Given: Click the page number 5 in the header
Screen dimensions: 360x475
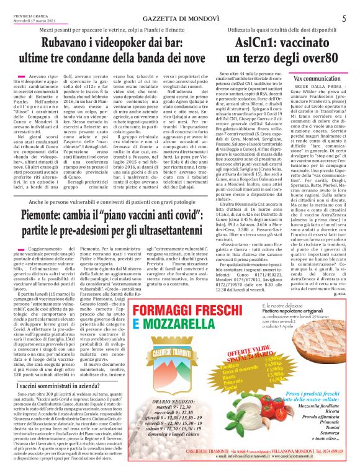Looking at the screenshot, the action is pyautogui.click(x=343, y=19).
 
